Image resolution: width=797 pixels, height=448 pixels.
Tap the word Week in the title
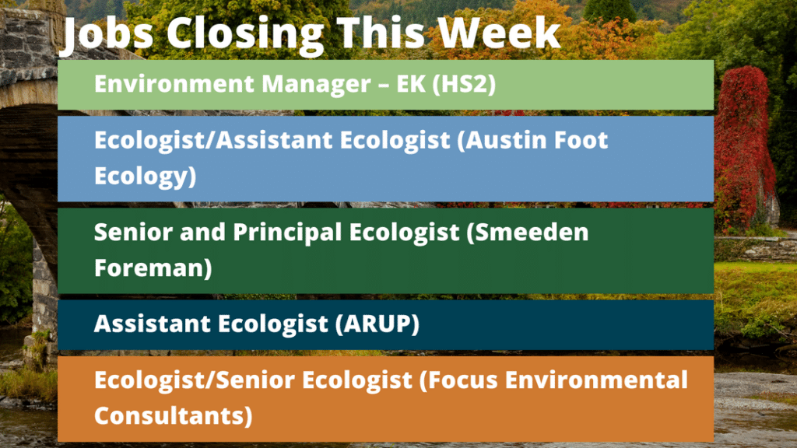[x=499, y=33]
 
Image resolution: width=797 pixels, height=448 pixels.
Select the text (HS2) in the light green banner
[x=464, y=84]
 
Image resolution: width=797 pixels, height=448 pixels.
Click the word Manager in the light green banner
[x=316, y=85]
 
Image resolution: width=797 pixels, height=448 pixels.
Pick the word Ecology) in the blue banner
[x=146, y=177]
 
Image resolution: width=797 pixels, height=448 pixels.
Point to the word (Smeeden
[x=528, y=233]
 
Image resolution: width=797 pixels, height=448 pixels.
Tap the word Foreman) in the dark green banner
[x=153, y=268]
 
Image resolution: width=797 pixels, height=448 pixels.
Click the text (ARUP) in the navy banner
[x=377, y=324]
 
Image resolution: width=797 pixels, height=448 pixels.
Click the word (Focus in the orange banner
[x=458, y=380]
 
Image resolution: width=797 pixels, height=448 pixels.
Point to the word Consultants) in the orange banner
[x=174, y=416]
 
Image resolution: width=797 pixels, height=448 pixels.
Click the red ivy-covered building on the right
[x=745, y=147]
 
